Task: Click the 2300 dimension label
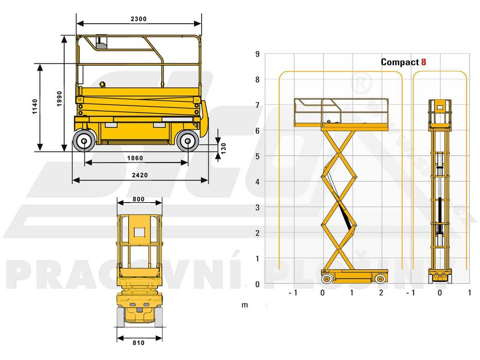tap(138, 19)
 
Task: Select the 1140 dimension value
tap(35, 106)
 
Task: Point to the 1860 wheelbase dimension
tap(135, 158)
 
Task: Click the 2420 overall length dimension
tap(139, 175)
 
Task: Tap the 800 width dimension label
tap(138, 199)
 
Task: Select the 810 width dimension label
tap(138, 343)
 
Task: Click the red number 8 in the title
tap(423, 62)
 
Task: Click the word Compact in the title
tap(399, 62)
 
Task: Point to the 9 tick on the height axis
tap(257, 53)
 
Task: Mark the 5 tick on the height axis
tap(257, 156)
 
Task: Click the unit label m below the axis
tap(245, 305)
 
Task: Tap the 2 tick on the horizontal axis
tap(381, 293)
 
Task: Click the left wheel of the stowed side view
tap(84, 140)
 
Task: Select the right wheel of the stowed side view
tap(187, 140)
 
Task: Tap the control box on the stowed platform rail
tap(101, 43)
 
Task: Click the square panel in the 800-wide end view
tap(139, 232)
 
